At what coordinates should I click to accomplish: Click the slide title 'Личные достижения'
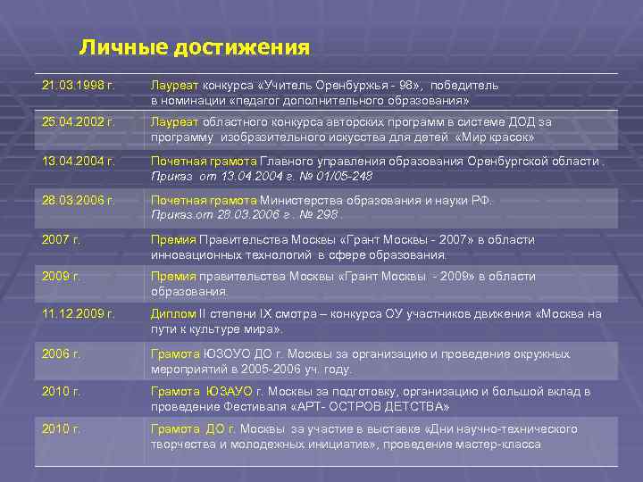(194, 46)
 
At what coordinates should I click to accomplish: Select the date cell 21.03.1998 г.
(78, 86)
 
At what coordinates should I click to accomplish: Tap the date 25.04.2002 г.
(78, 122)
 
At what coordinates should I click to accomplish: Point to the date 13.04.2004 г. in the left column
(78, 161)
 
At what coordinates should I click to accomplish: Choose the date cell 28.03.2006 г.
(78, 200)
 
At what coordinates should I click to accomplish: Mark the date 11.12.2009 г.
(78, 314)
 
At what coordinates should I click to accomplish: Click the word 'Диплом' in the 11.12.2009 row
(170, 314)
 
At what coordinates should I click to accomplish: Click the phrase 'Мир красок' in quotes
(494, 137)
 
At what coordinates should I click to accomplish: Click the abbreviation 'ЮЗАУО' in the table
(230, 392)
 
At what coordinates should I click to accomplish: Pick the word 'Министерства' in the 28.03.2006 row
(299, 200)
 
